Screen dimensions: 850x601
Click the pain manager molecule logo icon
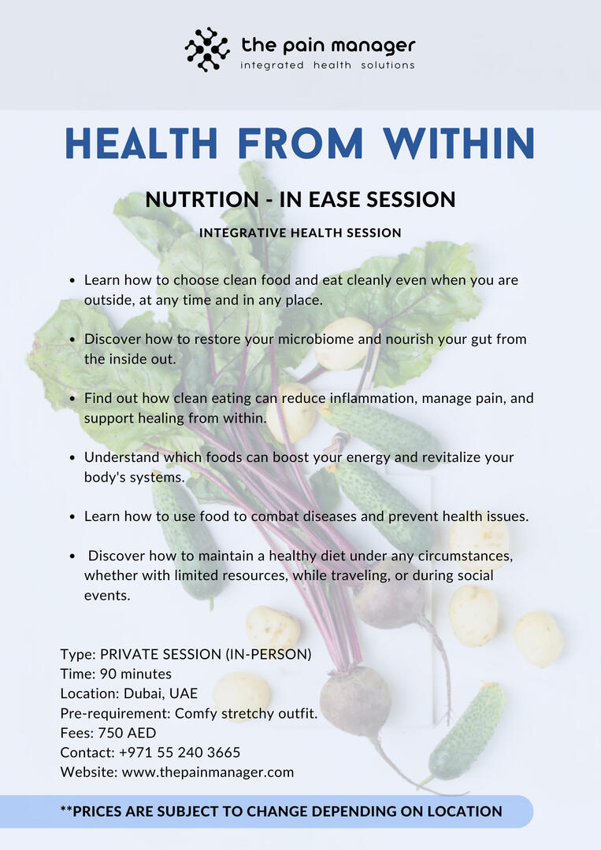tap(207, 50)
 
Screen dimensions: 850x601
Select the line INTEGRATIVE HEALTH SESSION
tap(300, 233)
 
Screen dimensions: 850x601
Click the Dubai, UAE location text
tap(161, 693)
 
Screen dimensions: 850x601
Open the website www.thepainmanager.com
tap(208, 772)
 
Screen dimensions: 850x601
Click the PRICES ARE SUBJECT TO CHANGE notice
tap(281, 811)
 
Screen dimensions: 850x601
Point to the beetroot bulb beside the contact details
tap(355, 700)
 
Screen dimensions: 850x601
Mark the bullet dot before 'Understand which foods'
tap(72, 457)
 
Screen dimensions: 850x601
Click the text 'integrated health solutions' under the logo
tap(327, 65)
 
